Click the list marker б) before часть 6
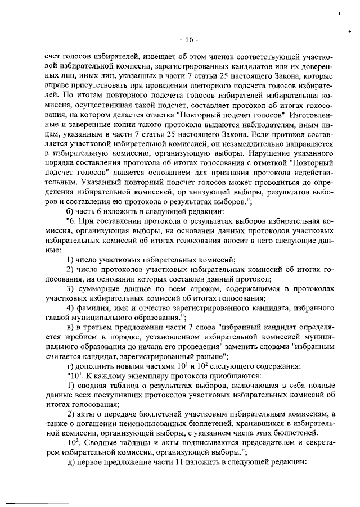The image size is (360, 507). (70, 211)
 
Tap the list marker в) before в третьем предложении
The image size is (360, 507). (70, 327)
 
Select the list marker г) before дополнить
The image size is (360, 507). (70, 365)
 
